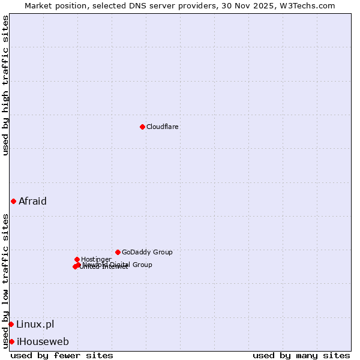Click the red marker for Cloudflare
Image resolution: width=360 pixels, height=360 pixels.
point(142,127)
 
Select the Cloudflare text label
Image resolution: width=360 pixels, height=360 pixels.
point(163,127)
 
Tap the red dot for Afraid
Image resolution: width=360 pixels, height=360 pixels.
point(13,201)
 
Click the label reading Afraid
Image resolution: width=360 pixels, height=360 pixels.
point(32,201)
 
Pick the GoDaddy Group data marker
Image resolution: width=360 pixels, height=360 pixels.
point(118,252)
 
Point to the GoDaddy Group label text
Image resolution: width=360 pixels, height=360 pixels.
point(147,252)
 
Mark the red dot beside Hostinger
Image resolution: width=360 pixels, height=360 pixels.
point(77,259)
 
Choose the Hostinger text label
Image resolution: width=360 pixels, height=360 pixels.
point(96,259)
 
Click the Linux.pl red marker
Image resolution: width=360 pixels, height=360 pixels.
point(11,324)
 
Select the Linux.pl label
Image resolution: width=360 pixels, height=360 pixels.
point(35,324)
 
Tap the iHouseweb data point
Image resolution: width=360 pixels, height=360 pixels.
point(11,341)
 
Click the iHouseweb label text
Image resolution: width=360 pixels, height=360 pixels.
point(43,341)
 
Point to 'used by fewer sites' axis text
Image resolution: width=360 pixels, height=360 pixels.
point(62,355)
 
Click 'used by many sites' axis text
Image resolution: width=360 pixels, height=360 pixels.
point(301,355)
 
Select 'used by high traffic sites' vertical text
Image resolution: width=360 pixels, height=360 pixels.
point(5,85)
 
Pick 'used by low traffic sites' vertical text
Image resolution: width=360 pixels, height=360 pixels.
point(5,281)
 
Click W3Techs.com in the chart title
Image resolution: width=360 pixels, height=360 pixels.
point(310,5)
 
